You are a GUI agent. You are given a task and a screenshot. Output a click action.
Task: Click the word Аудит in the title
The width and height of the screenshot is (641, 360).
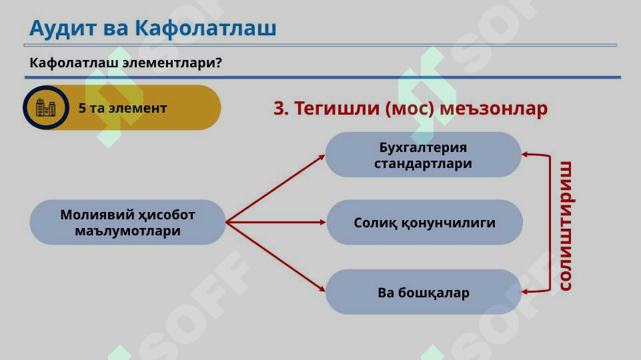click(63, 29)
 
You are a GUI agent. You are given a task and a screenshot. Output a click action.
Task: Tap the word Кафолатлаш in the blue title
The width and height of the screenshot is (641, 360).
click(205, 28)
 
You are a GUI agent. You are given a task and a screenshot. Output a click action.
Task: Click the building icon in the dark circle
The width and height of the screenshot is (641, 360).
click(46, 108)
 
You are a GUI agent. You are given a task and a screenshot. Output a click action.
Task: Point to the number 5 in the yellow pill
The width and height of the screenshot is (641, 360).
click(82, 108)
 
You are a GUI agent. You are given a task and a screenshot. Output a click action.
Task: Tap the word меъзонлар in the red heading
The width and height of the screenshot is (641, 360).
click(494, 109)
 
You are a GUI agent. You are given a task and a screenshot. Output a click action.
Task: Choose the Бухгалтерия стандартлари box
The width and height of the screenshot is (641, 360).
click(423, 155)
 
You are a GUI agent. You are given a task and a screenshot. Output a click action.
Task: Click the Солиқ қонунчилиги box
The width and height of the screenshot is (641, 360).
click(424, 222)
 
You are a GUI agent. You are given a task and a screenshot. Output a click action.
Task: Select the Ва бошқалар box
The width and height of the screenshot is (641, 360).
click(424, 292)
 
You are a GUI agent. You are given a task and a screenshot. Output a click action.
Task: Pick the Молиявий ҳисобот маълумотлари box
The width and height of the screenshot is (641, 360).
click(127, 222)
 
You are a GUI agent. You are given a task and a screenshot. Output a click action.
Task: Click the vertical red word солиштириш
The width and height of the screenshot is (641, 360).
click(566, 226)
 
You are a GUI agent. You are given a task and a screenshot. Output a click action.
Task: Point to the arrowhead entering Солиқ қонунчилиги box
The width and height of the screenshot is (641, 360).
click(323, 222)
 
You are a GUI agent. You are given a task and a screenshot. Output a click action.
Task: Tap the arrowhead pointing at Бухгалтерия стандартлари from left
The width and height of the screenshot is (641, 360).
click(322, 158)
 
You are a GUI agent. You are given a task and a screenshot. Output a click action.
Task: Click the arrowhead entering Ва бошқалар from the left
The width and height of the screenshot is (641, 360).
click(322, 289)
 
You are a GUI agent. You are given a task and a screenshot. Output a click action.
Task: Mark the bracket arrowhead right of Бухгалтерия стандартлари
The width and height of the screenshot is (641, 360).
click(526, 155)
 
